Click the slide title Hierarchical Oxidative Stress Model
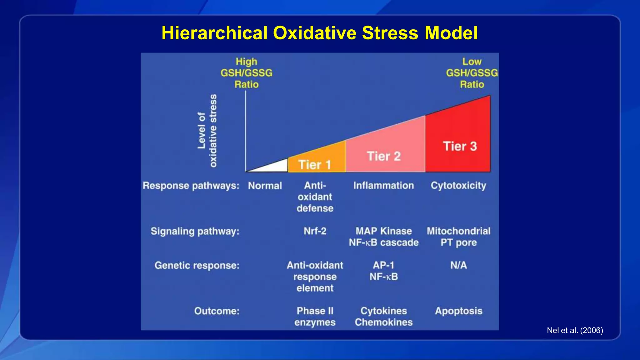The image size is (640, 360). coord(319,33)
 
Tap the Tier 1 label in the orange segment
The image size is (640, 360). coord(314,165)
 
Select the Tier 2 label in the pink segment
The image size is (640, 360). coord(383,156)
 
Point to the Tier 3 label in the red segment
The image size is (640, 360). coord(460,146)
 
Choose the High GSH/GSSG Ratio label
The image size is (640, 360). coord(246,73)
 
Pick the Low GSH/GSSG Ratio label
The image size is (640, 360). coord(472,73)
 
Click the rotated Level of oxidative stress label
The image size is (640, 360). coord(207,131)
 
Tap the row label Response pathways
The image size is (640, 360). coord(191,186)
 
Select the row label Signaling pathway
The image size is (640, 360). coord(195,231)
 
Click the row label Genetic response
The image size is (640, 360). coord(197,265)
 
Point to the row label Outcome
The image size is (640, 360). coord(217,311)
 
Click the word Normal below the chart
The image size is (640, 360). coord(265,186)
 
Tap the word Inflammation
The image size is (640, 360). coord(383,186)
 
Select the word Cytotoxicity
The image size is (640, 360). coord(458,186)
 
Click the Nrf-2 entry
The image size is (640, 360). coord(315,231)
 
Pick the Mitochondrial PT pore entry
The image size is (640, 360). coord(458,237)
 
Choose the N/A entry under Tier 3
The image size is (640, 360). coord(458,265)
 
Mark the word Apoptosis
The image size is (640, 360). coord(458,311)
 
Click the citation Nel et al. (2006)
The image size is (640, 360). coord(575,330)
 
